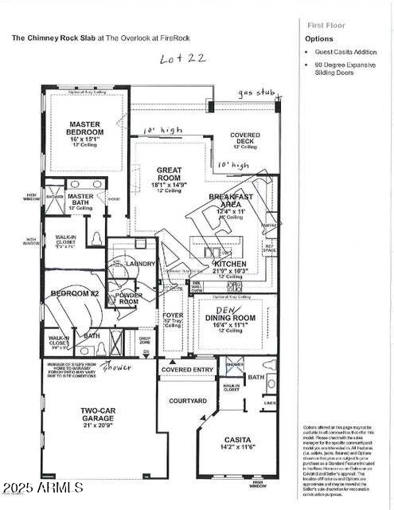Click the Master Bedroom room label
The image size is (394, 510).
pos(84,129)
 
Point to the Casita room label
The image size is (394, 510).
pos(237,439)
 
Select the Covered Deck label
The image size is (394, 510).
pos(245,135)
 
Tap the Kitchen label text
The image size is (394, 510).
pos(229,264)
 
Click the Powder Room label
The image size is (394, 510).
pos(129,298)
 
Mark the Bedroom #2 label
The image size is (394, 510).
pos(73,293)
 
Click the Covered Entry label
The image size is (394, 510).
pos(187,370)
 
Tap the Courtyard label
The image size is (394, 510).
pos(189,400)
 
